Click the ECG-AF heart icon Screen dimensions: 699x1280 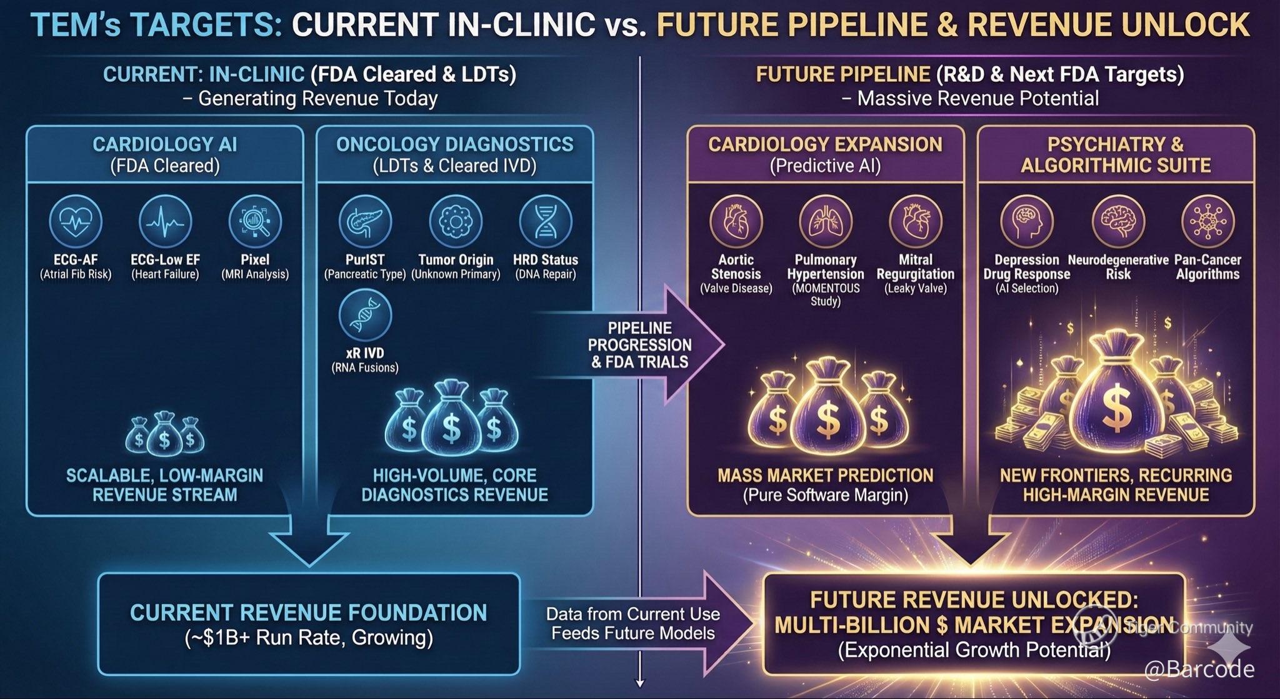click(x=76, y=221)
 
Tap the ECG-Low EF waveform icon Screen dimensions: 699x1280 click(x=165, y=221)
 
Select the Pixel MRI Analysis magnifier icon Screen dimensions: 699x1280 click(x=255, y=221)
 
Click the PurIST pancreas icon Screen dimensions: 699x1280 click(x=365, y=221)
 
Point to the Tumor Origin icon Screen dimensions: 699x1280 click(x=456, y=221)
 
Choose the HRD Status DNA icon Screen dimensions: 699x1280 click(x=546, y=221)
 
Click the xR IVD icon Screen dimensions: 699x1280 click(x=365, y=314)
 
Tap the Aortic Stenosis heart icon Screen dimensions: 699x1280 click(x=736, y=221)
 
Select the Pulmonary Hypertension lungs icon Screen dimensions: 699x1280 click(x=826, y=221)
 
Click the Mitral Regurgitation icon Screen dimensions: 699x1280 click(x=916, y=221)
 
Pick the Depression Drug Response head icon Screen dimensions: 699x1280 click(x=1026, y=221)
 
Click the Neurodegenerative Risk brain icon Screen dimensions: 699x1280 click(x=1118, y=221)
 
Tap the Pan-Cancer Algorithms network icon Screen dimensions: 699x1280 click(x=1207, y=221)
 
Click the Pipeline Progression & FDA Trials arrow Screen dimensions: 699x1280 click(x=640, y=344)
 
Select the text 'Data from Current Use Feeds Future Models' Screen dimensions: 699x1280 click(x=632, y=623)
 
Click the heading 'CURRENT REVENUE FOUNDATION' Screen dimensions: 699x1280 click(x=308, y=612)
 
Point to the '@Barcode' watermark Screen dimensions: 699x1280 click(x=1199, y=669)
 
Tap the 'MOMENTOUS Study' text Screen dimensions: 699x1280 click(x=826, y=294)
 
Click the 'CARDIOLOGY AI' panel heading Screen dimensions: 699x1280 click(x=165, y=144)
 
